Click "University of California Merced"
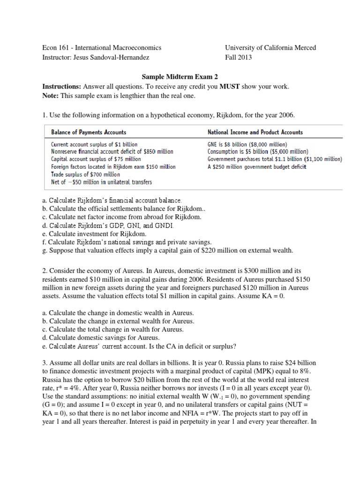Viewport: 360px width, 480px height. [270, 48]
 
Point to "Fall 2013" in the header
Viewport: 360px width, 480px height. [238, 58]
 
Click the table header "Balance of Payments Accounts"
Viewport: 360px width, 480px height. [88, 132]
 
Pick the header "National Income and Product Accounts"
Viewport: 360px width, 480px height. [255, 132]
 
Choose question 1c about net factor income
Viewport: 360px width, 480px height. [122, 217]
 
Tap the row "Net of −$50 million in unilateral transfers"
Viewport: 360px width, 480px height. [101, 181]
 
